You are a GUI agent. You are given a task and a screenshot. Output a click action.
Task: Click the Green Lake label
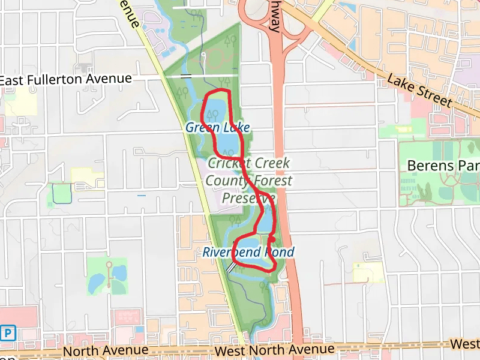coord(217,127)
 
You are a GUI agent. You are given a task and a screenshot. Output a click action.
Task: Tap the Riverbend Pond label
coord(248,252)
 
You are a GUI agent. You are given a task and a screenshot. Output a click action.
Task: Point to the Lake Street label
coord(419,90)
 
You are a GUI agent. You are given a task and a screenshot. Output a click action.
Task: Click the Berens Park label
coord(443,165)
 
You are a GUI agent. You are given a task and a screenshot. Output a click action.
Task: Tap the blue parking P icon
coord(8,332)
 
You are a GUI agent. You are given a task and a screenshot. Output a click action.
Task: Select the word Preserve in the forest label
coord(248,197)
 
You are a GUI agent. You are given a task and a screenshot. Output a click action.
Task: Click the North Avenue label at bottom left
coord(106,350)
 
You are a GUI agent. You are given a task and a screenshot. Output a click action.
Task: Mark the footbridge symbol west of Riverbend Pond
coord(232,268)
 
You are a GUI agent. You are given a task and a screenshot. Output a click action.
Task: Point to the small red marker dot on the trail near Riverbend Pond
coord(271,239)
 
